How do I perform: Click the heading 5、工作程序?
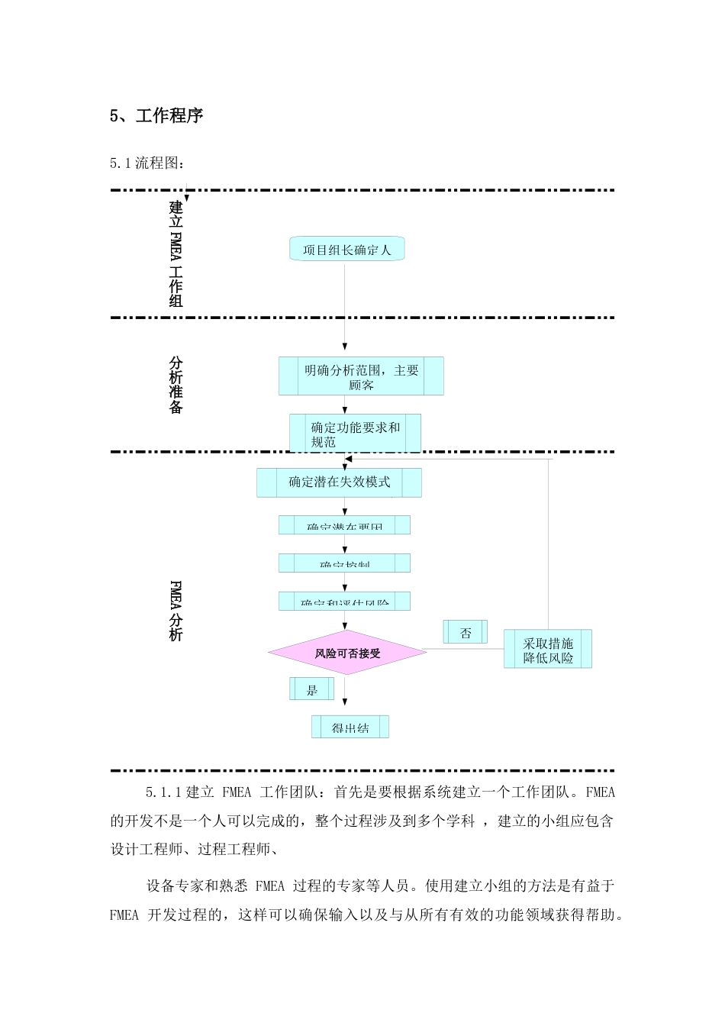tap(156, 116)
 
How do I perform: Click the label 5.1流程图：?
tap(147, 163)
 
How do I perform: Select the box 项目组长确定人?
tap(346, 250)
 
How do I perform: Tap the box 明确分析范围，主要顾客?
tap(361, 376)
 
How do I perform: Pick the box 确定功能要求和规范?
tap(355, 434)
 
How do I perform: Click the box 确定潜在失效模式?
tap(339, 482)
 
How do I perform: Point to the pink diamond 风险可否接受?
tap(347, 653)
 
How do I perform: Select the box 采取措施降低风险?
tap(547, 650)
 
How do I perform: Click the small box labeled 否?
tap(466, 633)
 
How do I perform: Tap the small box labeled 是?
tap(312, 689)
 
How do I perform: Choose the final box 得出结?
tap(350, 728)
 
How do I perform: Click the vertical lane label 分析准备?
tap(176, 385)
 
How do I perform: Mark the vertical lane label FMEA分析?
tap(176, 611)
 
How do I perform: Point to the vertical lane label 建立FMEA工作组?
tap(176, 253)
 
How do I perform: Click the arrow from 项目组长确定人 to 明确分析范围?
tap(345, 305)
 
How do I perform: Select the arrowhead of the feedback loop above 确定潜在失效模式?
tap(348, 460)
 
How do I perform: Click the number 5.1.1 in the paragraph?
tap(163, 792)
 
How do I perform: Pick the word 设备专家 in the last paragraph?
tap(174, 886)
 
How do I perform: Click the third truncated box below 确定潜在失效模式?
tap(344, 602)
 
